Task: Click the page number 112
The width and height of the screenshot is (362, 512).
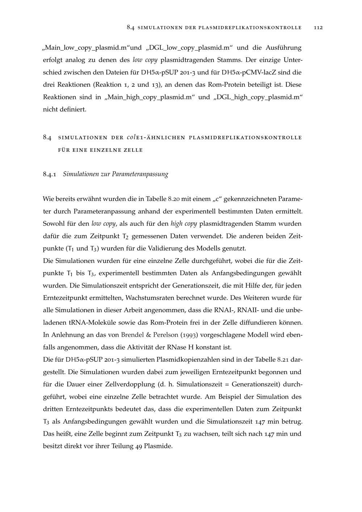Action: (318, 28)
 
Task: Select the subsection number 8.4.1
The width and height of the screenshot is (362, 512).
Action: (50, 174)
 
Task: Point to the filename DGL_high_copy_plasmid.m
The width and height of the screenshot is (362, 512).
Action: (258, 97)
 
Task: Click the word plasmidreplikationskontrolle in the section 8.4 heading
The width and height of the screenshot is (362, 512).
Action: (245, 138)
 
